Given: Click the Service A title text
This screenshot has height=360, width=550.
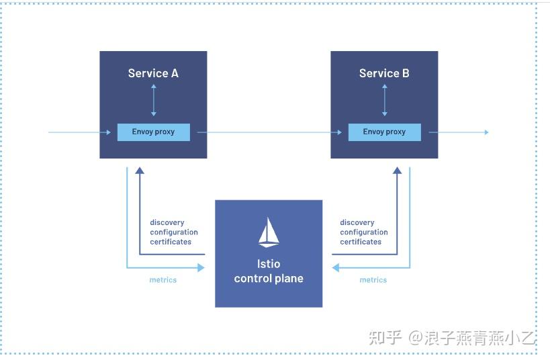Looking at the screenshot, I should click(x=153, y=73).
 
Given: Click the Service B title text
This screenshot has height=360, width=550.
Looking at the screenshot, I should click(x=384, y=73).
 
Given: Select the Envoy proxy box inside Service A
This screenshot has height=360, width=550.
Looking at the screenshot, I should click(x=153, y=132).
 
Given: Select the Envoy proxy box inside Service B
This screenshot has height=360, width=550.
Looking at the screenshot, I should click(x=384, y=132).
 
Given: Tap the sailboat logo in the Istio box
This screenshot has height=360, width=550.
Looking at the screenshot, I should click(x=269, y=232).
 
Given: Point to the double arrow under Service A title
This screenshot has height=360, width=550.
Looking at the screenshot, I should click(x=153, y=101).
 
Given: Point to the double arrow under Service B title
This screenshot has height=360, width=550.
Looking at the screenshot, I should click(x=384, y=101).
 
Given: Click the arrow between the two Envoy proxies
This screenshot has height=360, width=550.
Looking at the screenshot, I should click(x=269, y=132).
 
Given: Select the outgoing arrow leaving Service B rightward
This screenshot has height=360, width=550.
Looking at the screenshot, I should click(x=460, y=132).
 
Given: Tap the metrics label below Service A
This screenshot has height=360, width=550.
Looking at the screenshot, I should click(x=163, y=280).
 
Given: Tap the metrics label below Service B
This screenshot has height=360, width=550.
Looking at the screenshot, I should click(x=373, y=280).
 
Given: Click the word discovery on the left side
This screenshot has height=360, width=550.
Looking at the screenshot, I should click(x=167, y=223).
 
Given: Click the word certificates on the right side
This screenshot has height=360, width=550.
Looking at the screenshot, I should click(x=361, y=242).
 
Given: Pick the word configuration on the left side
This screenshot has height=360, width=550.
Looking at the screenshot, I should click(x=174, y=232).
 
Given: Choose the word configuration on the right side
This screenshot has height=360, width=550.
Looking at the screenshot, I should click(x=364, y=232).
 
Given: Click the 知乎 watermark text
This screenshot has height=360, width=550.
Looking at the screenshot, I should click(x=385, y=337).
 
